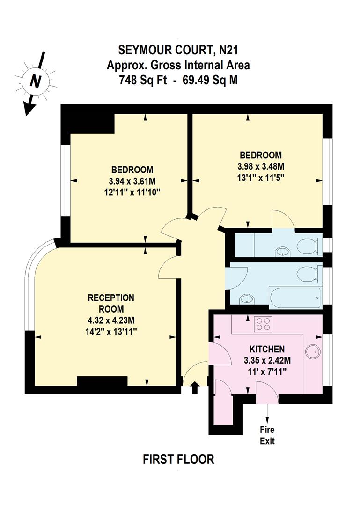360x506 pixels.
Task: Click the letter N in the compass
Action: tap(34, 82)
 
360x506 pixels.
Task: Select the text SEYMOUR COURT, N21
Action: tap(178, 50)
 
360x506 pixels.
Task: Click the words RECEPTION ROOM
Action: tap(111, 303)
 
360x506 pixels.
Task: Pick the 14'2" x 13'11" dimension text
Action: tap(111, 331)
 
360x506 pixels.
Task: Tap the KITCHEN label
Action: tap(267, 349)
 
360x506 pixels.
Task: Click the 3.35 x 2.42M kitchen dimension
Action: tap(267, 360)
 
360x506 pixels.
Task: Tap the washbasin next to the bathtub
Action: tap(244, 298)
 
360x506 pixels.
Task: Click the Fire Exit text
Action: tap(267, 435)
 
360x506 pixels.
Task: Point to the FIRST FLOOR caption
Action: tap(178, 459)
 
